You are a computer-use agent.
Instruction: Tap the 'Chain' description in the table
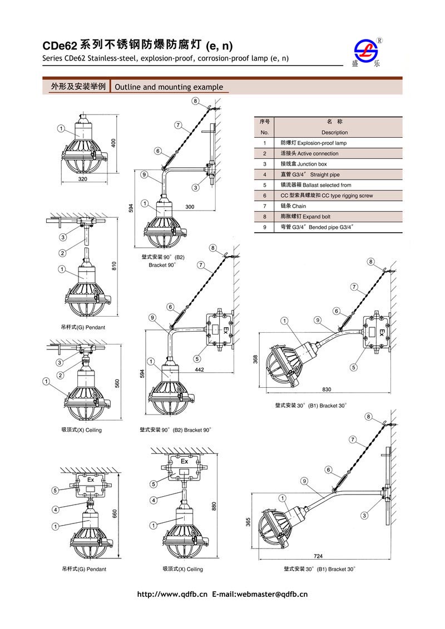click(294, 206)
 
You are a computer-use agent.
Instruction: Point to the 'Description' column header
click(334, 132)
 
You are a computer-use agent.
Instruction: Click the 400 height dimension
click(113, 143)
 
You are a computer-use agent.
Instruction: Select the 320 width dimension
click(82, 180)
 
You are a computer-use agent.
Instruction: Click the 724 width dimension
click(318, 556)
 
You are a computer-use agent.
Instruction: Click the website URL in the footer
click(172, 595)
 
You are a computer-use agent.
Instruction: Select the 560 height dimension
click(117, 384)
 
